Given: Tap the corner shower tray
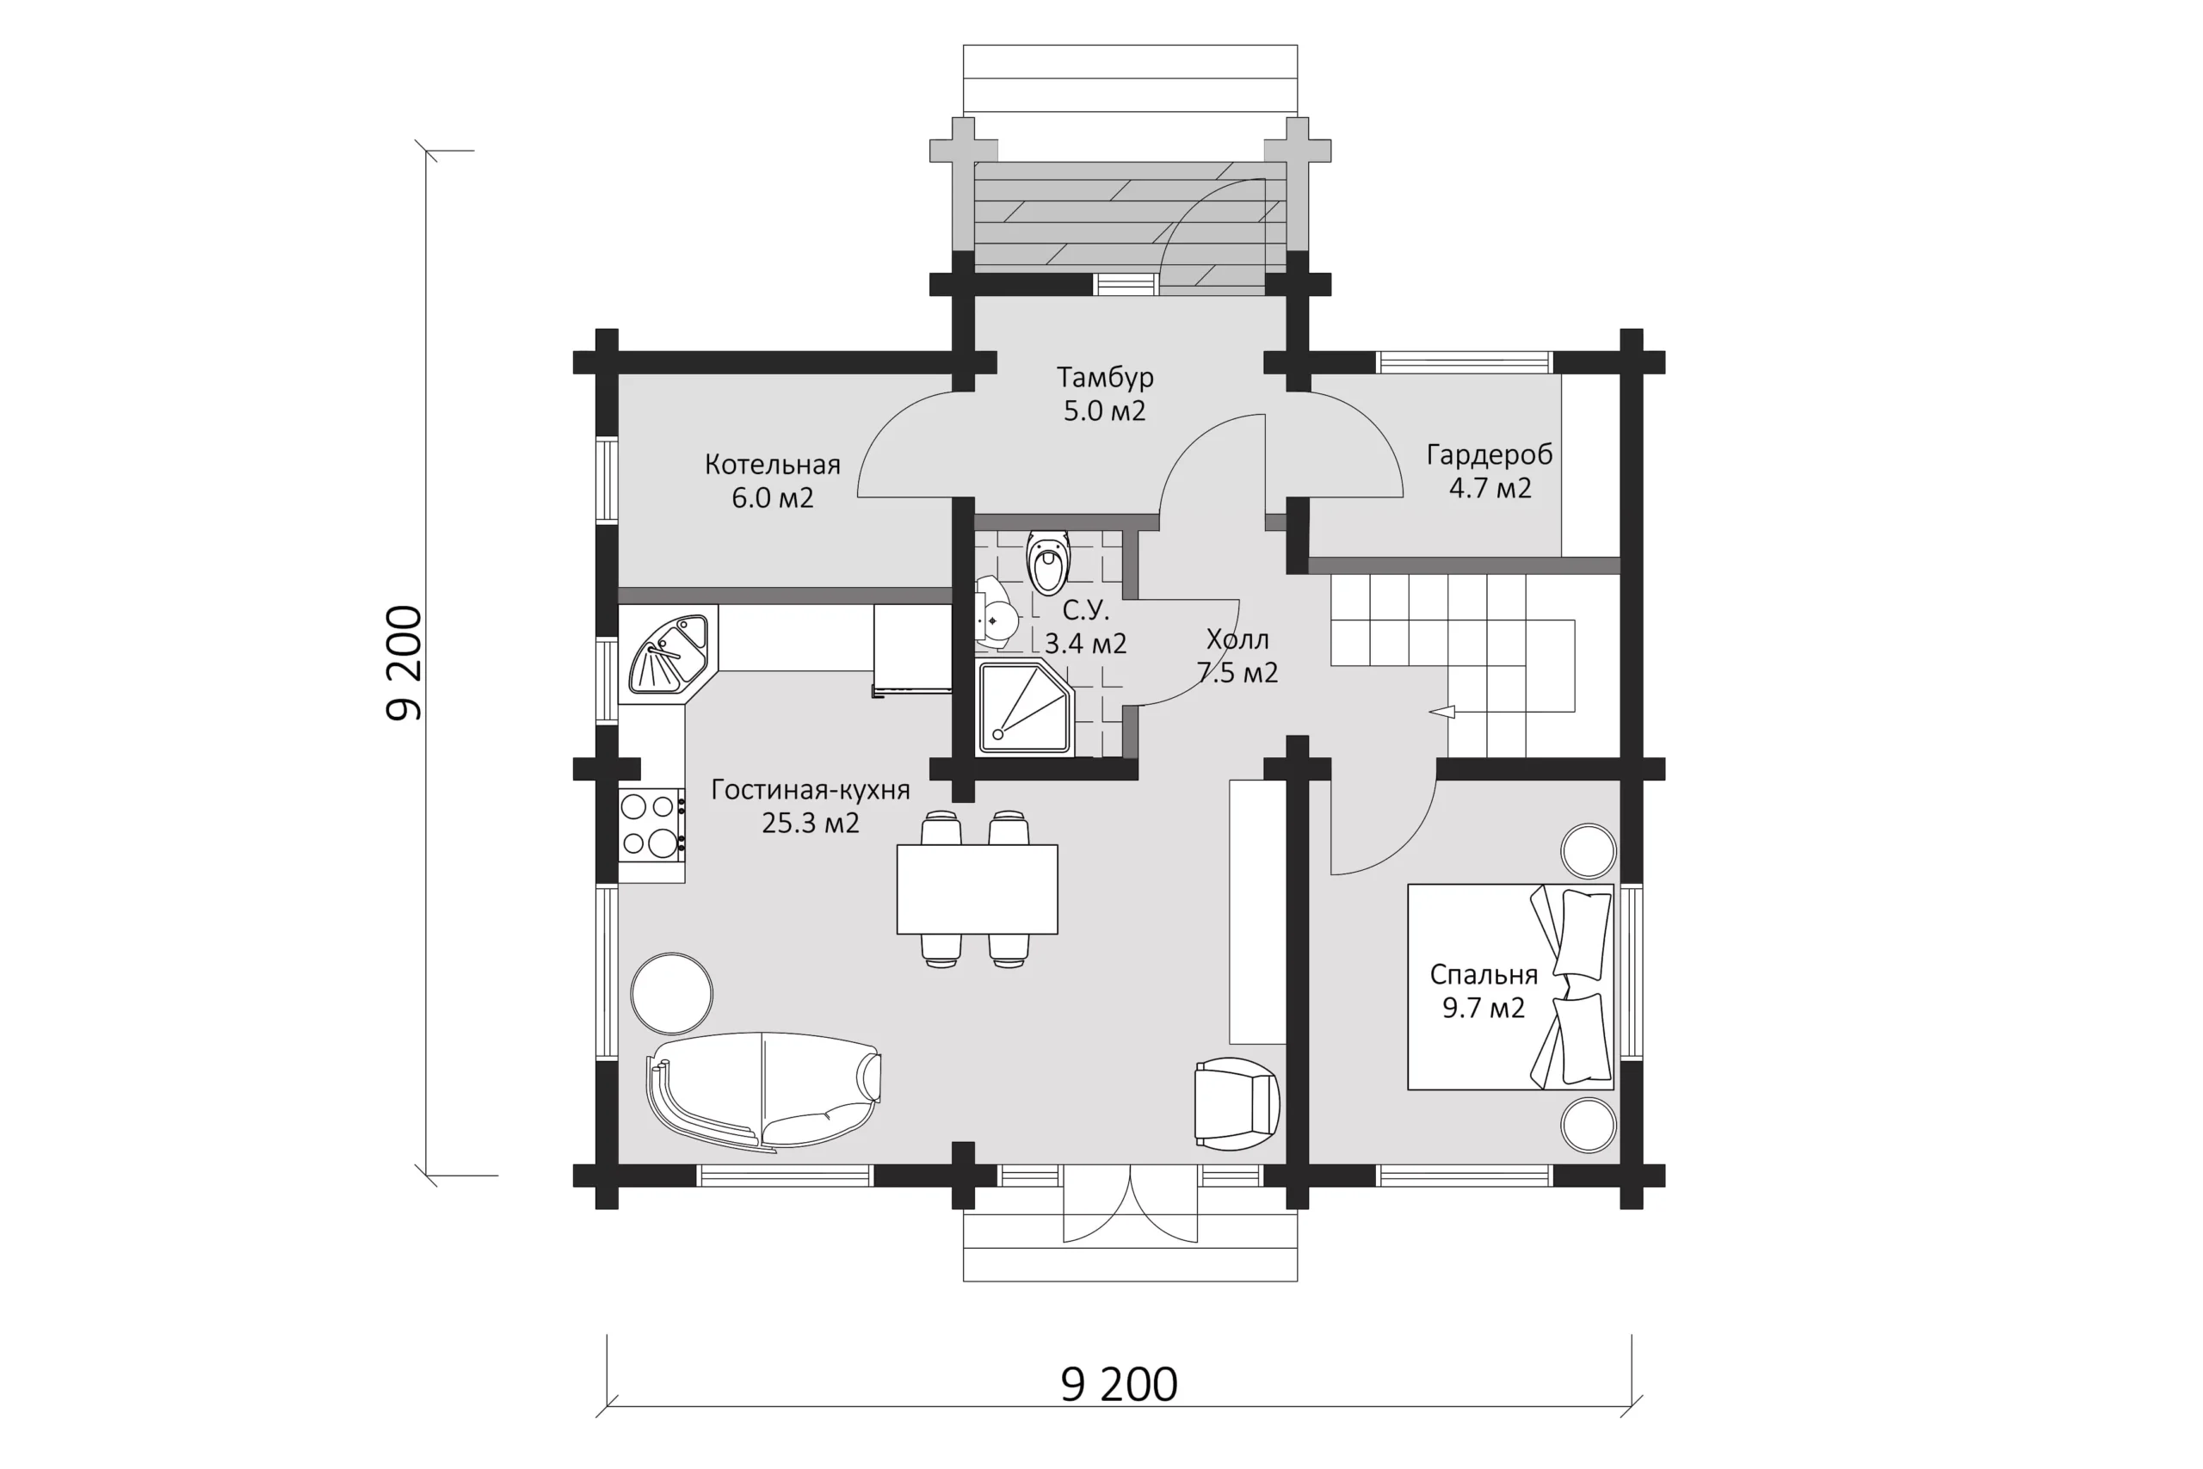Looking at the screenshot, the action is pyautogui.click(x=1026, y=707).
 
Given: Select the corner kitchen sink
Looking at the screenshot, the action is pyautogui.click(x=668, y=653).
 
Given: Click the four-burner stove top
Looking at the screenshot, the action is pyautogui.click(x=651, y=825).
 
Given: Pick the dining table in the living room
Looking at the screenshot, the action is pyautogui.click(x=977, y=889).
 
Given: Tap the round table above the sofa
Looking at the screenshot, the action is pyautogui.click(x=671, y=994).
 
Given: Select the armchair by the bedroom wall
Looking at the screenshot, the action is pyautogui.click(x=1237, y=1103).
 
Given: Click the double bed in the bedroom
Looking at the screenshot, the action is pyautogui.click(x=1511, y=986).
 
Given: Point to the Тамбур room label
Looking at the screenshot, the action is pyautogui.click(x=1105, y=377).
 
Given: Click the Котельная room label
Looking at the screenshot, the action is pyautogui.click(x=773, y=465).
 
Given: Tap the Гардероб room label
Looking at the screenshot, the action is pyautogui.click(x=1490, y=454).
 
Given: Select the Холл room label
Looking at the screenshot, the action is pyautogui.click(x=1237, y=640).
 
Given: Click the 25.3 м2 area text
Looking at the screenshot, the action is pyautogui.click(x=810, y=824).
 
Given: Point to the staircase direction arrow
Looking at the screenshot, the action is pyautogui.click(x=1442, y=712).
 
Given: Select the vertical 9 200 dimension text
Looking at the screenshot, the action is pyautogui.click(x=404, y=664).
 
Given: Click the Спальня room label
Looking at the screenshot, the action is pyautogui.click(x=1484, y=975).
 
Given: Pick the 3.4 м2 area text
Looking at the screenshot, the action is pyautogui.click(x=1085, y=644).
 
